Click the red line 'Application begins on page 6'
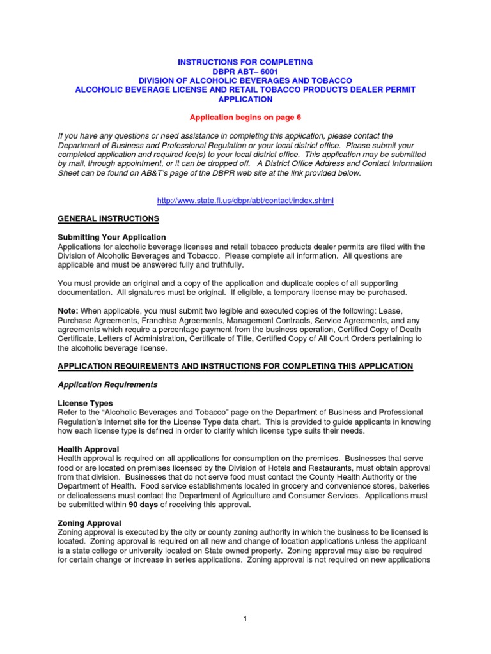tap(245, 118)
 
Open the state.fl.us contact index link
tap(245, 201)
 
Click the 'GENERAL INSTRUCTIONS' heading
tap(108, 218)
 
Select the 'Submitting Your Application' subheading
tap(112, 237)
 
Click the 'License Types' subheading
tap(85, 404)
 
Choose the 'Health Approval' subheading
tap(88, 450)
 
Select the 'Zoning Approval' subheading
tap(90, 523)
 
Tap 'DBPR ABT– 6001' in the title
tap(245, 71)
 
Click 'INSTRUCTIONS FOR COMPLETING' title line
tap(245, 62)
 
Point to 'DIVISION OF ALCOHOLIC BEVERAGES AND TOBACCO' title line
tap(245, 80)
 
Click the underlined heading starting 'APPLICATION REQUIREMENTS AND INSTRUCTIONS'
tap(235, 366)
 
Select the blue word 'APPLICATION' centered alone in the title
tap(245, 100)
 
